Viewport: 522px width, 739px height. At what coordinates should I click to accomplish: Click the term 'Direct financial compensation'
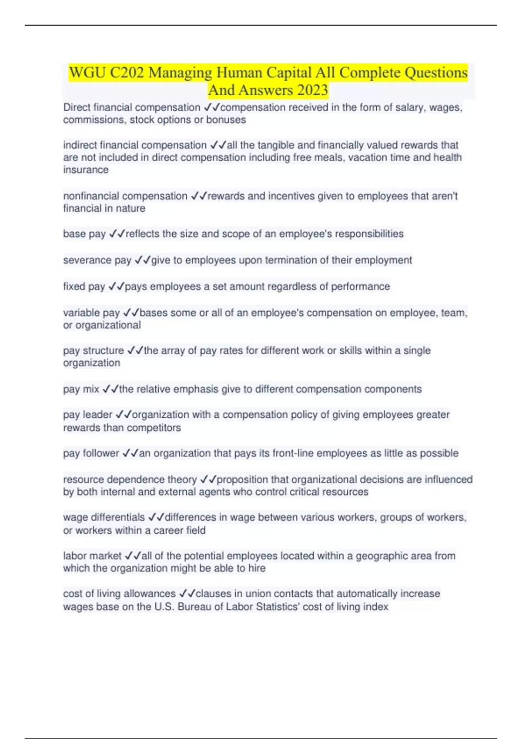131,107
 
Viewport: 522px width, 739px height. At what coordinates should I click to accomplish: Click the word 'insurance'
86,170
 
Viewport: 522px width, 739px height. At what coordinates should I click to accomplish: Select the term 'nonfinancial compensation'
125,196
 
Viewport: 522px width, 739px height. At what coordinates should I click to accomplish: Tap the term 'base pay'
84,234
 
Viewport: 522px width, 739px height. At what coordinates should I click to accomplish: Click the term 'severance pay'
97,260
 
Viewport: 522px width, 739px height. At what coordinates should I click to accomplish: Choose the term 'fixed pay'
84,286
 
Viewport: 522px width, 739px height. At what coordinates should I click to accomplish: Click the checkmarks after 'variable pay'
131,313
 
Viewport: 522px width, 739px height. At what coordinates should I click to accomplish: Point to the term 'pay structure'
93,350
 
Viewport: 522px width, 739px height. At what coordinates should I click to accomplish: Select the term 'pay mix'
81,389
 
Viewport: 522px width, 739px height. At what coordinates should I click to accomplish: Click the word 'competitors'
154,428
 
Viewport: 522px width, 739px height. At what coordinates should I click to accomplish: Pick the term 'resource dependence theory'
130,479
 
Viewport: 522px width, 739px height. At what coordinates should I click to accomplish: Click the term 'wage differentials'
104,517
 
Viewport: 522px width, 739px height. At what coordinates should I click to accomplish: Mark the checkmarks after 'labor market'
133,556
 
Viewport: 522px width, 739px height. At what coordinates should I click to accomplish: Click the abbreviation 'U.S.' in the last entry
165,607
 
